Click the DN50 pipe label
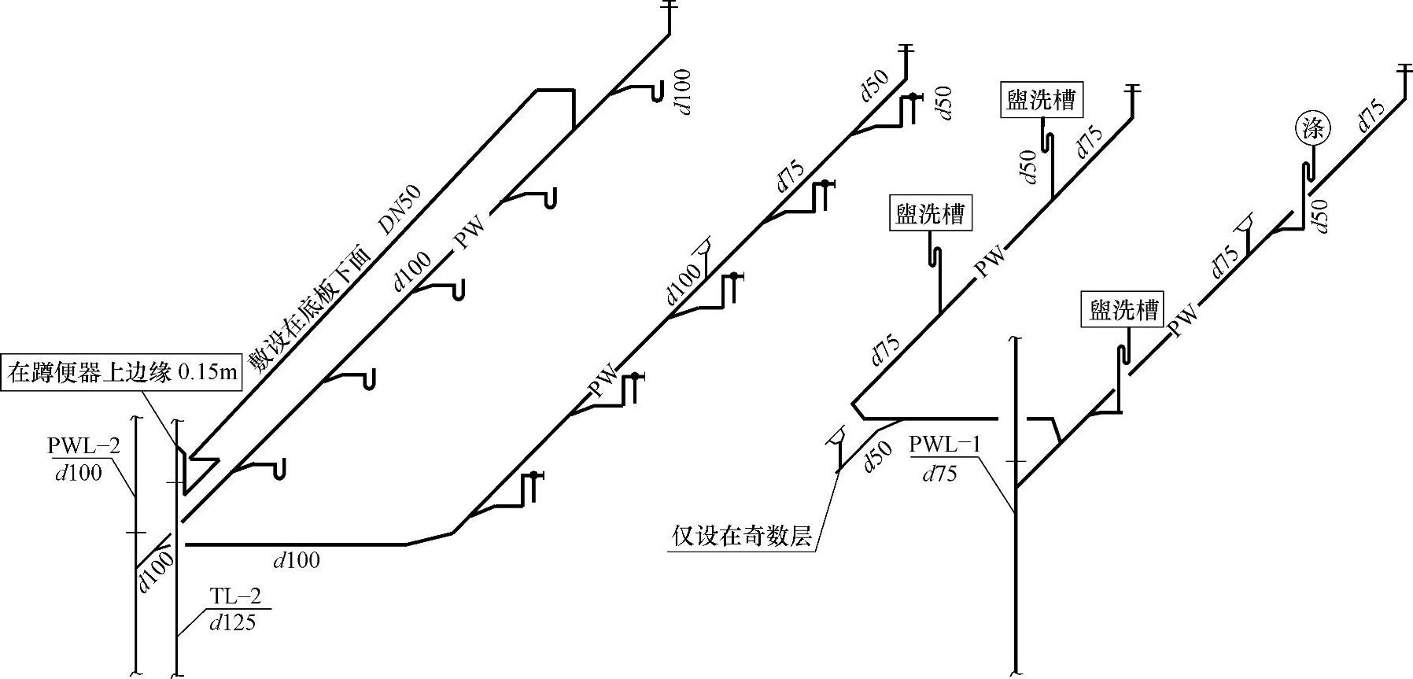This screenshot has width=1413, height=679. tap(400, 209)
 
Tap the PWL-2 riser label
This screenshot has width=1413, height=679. tap(83, 447)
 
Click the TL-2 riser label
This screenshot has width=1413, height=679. tap(235, 597)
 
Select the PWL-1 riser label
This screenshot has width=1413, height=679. tap(945, 445)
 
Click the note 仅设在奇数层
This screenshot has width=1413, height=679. tap(741, 537)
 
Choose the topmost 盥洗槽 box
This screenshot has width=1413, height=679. tap(1041, 100)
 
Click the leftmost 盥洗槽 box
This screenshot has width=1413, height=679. tap(930, 214)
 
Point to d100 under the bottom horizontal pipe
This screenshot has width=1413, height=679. tap(297, 560)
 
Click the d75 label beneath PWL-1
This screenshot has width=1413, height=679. tap(939, 474)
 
